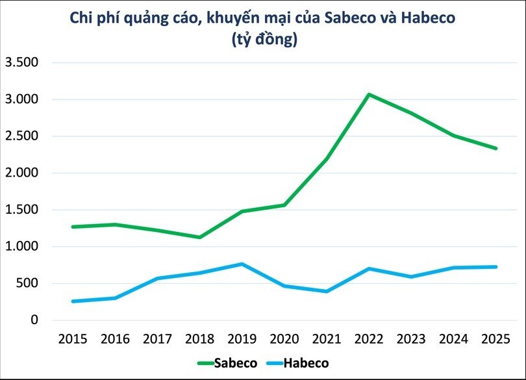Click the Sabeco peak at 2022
[x=369, y=95]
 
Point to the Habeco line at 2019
[x=242, y=264]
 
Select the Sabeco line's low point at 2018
[x=199, y=237]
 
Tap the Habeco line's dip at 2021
[x=327, y=291]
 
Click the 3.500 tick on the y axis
[x=22, y=63]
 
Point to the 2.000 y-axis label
[x=22, y=173]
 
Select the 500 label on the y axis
[x=29, y=284]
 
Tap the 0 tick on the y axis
[x=35, y=320]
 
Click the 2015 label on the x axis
[x=73, y=339]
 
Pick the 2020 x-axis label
[x=284, y=339]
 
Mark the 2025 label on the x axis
[x=496, y=339]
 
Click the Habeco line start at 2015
[x=73, y=301]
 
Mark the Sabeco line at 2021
[x=327, y=158]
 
